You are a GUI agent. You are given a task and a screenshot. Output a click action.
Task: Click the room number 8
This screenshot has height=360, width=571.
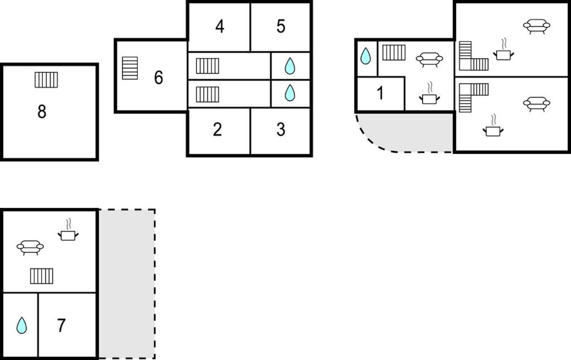pyautogui.click(x=42, y=111)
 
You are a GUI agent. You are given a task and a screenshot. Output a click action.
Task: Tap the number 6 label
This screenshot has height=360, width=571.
pyautogui.click(x=158, y=77)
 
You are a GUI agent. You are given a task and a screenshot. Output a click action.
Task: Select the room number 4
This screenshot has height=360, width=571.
pyautogui.click(x=220, y=27)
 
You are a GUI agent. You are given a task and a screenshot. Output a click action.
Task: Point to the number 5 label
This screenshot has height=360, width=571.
pyautogui.click(x=281, y=26)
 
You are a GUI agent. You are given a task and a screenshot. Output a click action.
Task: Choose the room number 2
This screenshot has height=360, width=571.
pyautogui.click(x=217, y=130)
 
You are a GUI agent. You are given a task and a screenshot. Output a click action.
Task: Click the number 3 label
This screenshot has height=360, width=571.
pyautogui.click(x=281, y=130)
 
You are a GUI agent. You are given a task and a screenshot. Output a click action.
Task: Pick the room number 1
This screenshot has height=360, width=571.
pyautogui.click(x=380, y=93)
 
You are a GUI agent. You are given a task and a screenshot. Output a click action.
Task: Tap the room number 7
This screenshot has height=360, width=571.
pyautogui.click(x=61, y=325)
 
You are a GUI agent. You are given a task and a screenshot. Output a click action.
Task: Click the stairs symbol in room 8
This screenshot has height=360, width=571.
pyautogui.click(x=46, y=80)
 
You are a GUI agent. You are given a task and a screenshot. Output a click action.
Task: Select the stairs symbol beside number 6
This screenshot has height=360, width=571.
pyautogui.click(x=129, y=68)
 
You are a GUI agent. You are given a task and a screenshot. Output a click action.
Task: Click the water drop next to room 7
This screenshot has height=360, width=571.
pyautogui.click(x=22, y=325)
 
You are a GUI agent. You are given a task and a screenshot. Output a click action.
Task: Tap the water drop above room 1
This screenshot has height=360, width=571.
pyautogui.click(x=365, y=56)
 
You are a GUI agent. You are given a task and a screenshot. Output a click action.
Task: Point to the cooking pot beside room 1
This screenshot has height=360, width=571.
pyautogui.click(x=429, y=94)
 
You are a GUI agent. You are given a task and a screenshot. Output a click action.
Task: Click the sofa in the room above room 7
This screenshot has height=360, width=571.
pyautogui.click(x=30, y=247)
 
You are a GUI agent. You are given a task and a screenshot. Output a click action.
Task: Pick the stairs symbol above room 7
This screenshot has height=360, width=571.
pyautogui.click(x=41, y=276)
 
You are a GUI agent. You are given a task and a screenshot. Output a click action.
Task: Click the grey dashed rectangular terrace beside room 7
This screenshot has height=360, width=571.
pyautogui.click(x=127, y=284)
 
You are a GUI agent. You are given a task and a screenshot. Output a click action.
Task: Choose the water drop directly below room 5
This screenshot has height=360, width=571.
pyautogui.click(x=290, y=66)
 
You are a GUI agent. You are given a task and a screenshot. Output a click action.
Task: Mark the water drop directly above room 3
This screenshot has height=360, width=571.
pyautogui.click(x=290, y=93)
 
